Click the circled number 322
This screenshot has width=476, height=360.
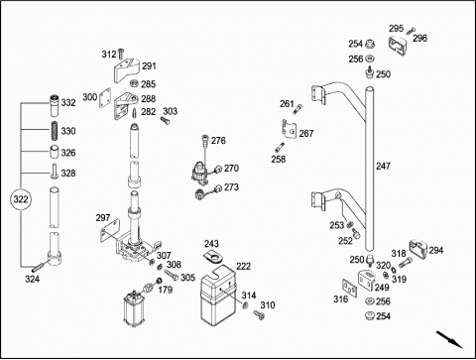21,199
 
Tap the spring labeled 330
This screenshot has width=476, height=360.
55,131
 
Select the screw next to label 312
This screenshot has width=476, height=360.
121,54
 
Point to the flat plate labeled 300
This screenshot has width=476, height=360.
105,98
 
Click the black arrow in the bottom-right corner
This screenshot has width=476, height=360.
449,339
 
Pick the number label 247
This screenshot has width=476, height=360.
383,166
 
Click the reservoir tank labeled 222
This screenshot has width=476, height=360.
218,295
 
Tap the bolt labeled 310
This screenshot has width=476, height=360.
259,315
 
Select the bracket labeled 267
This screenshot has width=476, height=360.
290,128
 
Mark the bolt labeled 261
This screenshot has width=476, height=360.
297,109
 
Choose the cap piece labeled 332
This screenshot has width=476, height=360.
55,105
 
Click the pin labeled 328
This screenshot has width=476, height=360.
55,172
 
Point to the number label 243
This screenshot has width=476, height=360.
211,244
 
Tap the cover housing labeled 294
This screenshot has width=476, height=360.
418,249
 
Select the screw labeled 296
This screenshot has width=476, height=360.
411,30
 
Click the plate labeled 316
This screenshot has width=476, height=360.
350,289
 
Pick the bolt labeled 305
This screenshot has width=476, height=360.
172,274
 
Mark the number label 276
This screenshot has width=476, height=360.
218,141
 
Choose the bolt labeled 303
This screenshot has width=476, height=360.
165,120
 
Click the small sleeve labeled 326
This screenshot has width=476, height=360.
55,152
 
